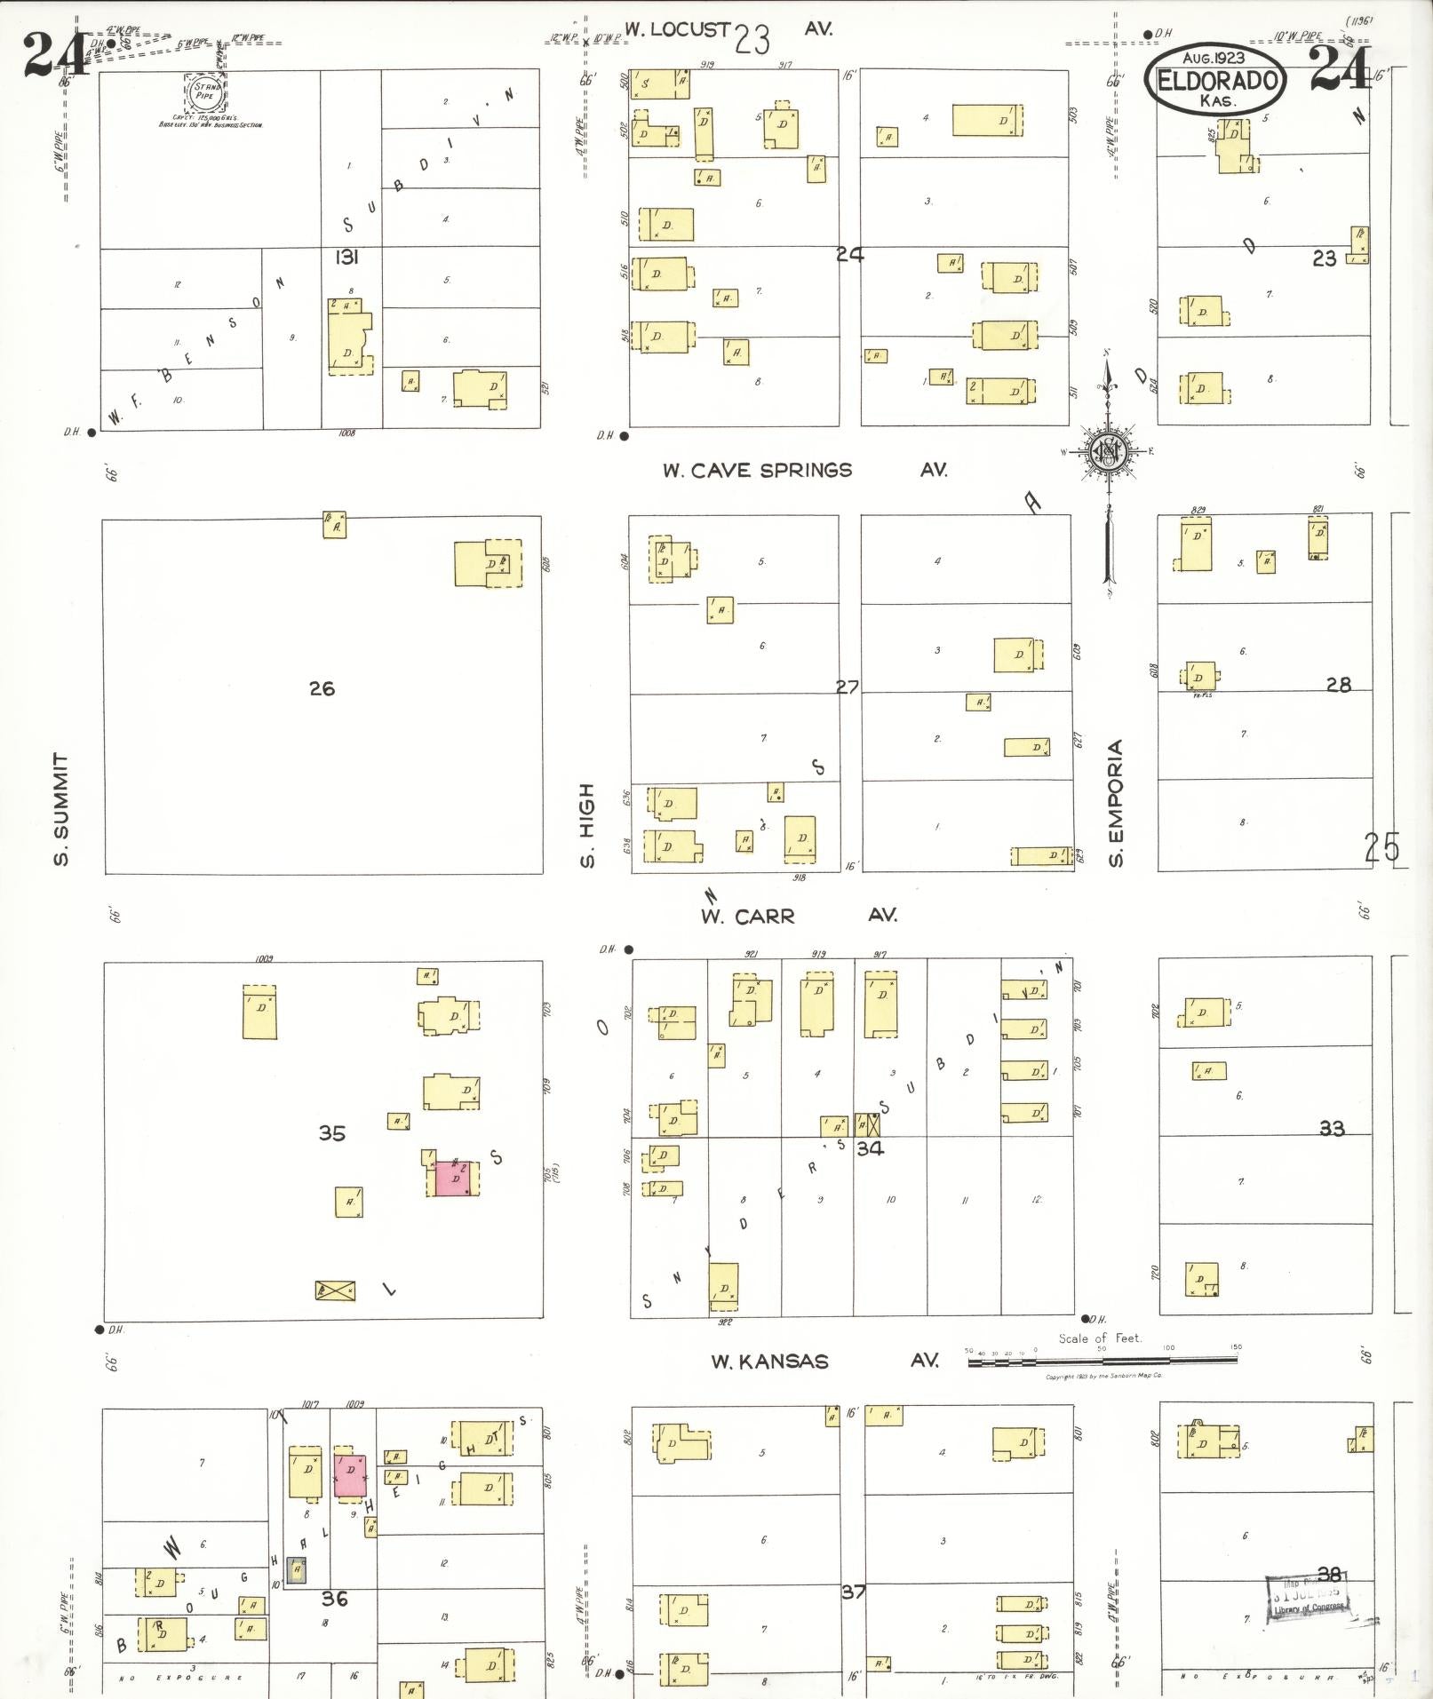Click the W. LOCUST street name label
[x=677, y=29]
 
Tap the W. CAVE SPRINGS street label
[x=757, y=471]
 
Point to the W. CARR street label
[x=747, y=917]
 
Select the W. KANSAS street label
[x=769, y=1362]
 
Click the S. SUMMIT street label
[x=60, y=809]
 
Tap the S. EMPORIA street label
[x=1116, y=803]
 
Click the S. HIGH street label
[x=586, y=825]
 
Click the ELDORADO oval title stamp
[x=1215, y=81]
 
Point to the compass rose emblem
[x=1109, y=452]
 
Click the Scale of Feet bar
[x=1102, y=1360]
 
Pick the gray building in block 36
[x=297, y=1570]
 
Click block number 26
[x=322, y=688]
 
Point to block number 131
[x=346, y=258]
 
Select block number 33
[x=1331, y=1129]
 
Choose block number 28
[x=1338, y=685]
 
